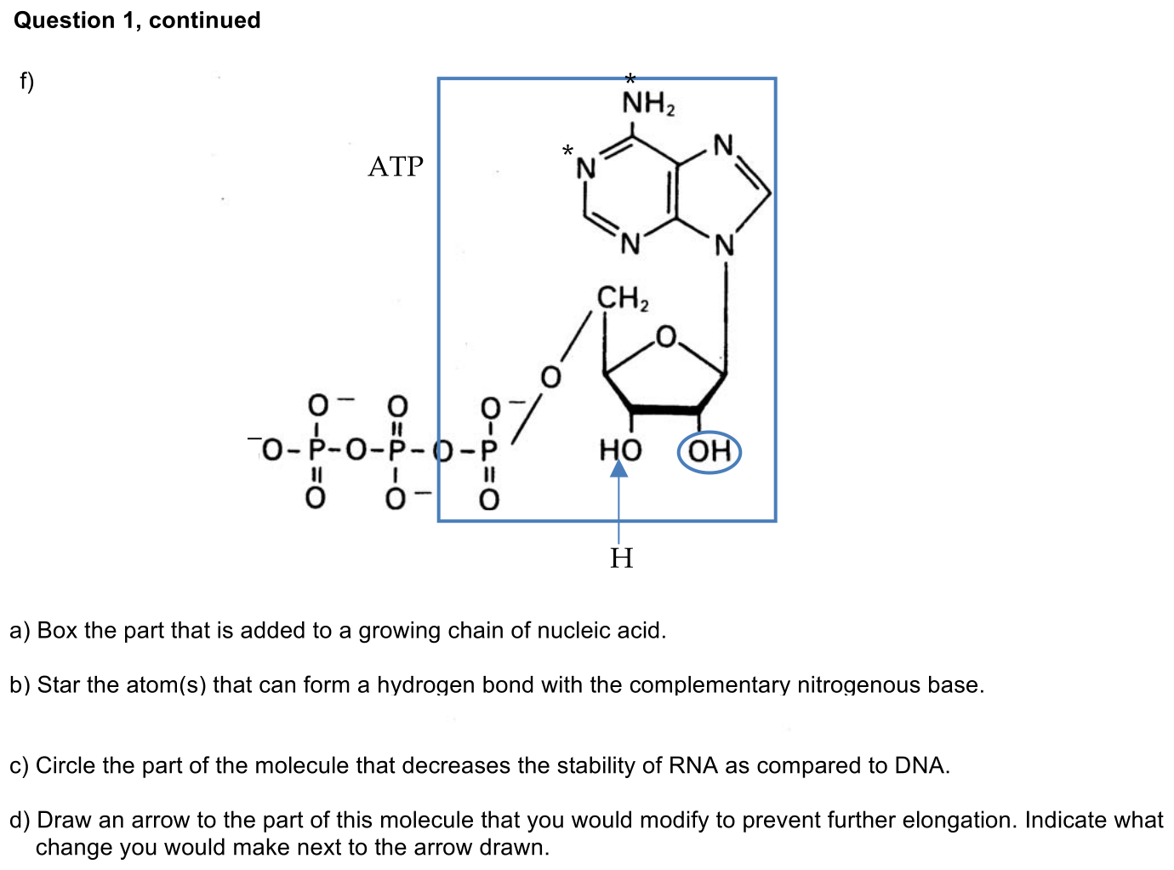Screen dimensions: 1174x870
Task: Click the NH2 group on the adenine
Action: (x=648, y=103)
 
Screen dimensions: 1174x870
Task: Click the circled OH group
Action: (x=709, y=451)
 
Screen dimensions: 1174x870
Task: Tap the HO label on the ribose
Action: (x=620, y=450)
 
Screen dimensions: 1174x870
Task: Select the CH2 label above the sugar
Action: (x=623, y=299)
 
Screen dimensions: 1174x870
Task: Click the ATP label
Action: (x=396, y=166)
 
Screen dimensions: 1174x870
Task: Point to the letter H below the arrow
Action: (x=621, y=558)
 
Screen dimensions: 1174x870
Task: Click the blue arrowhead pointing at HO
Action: (x=618, y=468)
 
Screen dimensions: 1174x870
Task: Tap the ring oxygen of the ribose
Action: (x=666, y=336)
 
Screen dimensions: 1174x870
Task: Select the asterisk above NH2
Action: (x=630, y=79)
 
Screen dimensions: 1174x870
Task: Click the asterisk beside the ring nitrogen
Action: (x=567, y=151)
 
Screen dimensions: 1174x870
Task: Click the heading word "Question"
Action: (x=64, y=21)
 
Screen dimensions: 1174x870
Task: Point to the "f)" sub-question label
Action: (x=27, y=82)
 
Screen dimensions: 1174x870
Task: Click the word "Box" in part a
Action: (x=57, y=631)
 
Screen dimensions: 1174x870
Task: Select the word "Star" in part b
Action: (x=60, y=684)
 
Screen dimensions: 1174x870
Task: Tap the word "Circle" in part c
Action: (x=66, y=765)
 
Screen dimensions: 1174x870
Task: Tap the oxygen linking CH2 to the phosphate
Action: (x=550, y=377)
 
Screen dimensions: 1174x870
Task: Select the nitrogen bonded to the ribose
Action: (x=725, y=245)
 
